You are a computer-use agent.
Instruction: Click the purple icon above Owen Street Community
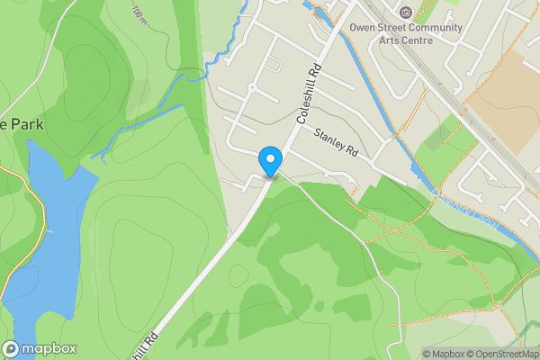pyautogui.click(x=405, y=13)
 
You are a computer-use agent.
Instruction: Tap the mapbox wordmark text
pyautogui.click(x=49, y=349)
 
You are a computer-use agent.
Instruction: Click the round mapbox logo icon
pyautogui.click(x=12, y=349)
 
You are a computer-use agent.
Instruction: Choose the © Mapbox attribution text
pyautogui.click(x=443, y=354)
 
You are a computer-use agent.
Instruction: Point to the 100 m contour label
pyautogui.click(x=139, y=13)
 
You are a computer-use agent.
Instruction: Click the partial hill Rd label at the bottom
pyautogui.click(x=144, y=346)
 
